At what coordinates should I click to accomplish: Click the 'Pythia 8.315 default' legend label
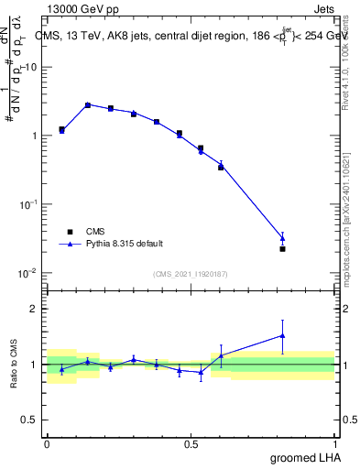pyautogui.click(x=123, y=244)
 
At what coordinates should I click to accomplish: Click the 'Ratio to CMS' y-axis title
pyautogui.click(x=15, y=365)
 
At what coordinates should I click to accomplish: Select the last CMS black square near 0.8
pyautogui.click(x=282, y=248)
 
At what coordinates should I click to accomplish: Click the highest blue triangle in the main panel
pyautogui.click(x=88, y=104)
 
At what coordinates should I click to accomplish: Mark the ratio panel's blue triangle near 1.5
pyautogui.click(x=282, y=335)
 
